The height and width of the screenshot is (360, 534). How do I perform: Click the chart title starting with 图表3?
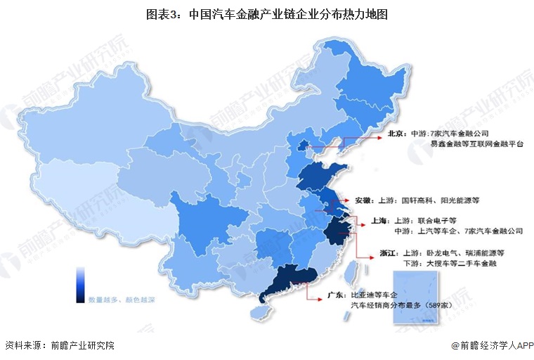(x=266, y=13)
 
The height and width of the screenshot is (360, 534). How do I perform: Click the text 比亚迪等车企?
(x=376, y=296)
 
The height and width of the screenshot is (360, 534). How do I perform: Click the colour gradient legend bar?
(x=81, y=283)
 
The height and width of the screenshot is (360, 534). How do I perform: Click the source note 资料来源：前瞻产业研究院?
(x=59, y=345)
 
